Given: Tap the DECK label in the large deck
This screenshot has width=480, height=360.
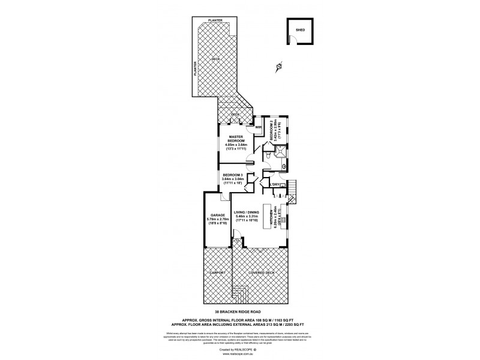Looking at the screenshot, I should point(215,59).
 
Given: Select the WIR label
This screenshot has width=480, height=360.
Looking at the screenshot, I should point(259,127).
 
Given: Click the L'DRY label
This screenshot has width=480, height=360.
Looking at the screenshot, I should point(275,184).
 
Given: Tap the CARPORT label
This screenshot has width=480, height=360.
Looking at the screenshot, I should point(217,272).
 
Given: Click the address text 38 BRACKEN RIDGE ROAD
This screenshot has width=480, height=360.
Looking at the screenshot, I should point(239,312).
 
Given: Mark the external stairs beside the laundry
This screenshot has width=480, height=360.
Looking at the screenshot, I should point(292,191).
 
